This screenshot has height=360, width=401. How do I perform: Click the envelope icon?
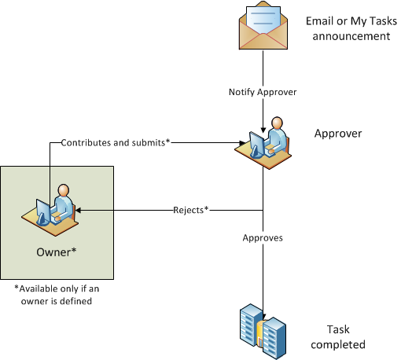click(263, 25)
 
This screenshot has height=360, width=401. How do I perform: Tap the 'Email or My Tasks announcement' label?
click(351, 28)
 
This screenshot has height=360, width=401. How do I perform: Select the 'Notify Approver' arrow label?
click(263, 92)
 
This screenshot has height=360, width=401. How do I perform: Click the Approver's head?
click(277, 123)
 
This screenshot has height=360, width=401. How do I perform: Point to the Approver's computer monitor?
click(256, 145)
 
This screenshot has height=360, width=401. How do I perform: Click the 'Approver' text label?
click(338, 134)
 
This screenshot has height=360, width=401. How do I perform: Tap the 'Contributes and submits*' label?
click(116, 142)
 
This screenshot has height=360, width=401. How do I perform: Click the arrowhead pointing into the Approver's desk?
click(242, 143)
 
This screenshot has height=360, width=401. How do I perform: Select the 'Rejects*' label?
click(191, 210)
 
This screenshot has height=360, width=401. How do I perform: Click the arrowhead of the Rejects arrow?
click(78, 210)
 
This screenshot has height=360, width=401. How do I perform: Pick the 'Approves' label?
click(263, 238)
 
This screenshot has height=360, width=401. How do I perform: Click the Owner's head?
click(64, 190)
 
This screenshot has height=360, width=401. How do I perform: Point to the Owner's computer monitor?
click(43, 211)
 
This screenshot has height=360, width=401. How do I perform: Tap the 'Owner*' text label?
click(57, 252)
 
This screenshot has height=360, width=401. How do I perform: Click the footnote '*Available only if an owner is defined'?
click(57, 295)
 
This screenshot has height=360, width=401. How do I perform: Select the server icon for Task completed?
click(263, 332)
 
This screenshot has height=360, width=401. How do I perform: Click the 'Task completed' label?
click(338, 337)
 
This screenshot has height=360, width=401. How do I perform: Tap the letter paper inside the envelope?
click(263, 20)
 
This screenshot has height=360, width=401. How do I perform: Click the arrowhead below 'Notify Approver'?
click(263, 130)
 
